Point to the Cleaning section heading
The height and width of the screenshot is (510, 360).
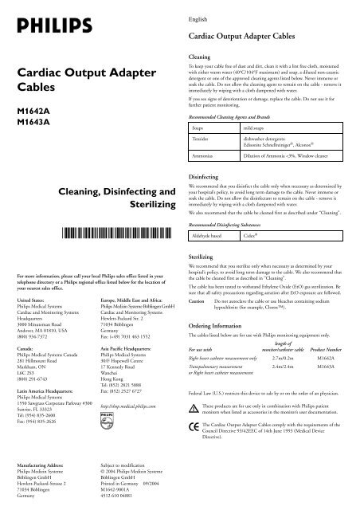pos(199,58)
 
